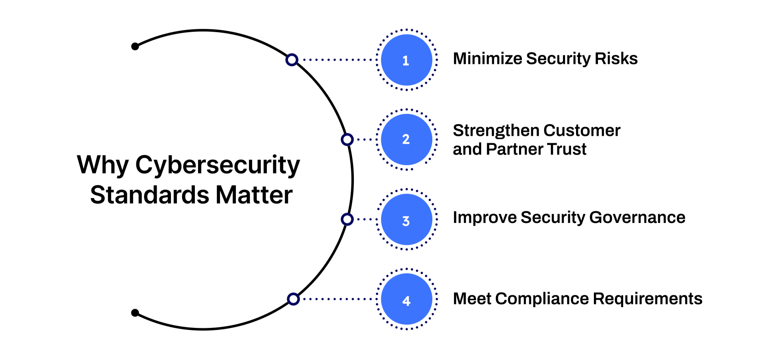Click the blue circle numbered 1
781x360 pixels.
pyautogui.click(x=406, y=60)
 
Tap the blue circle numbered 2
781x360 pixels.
pyautogui.click(x=406, y=140)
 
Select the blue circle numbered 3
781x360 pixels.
pyautogui.click(x=406, y=219)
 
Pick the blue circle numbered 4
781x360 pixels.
pyautogui.click(x=406, y=299)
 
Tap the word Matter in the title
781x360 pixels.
pyautogui.click(x=254, y=195)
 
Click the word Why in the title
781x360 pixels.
pyautogui.click(x=103, y=165)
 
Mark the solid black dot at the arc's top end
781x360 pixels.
pyautogui.click(x=135, y=46)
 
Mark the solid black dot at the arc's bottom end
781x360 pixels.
pyautogui.click(x=135, y=313)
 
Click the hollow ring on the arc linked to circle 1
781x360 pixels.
pyautogui.click(x=292, y=60)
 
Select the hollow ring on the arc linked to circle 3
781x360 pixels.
pyautogui.click(x=347, y=219)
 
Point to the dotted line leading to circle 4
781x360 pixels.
pyautogui.click(x=338, y=299)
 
